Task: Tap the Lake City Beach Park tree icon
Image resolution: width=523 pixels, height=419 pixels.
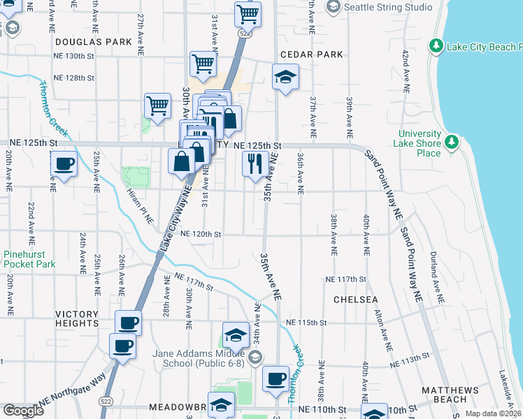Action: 436,46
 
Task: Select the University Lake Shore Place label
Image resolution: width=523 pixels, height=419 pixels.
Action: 420,143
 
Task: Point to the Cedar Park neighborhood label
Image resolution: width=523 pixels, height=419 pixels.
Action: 311,54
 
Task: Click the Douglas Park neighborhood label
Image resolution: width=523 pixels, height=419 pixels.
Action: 94,42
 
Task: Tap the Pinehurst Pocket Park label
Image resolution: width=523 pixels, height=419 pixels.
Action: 29,260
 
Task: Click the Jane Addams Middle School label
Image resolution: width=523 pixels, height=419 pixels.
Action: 198,358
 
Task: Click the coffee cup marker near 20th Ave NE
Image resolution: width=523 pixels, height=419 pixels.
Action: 64,165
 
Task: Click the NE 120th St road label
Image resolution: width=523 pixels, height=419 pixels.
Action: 201,235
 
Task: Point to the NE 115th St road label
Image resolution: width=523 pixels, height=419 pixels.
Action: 306,323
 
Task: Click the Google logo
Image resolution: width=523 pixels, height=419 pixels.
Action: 23,411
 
